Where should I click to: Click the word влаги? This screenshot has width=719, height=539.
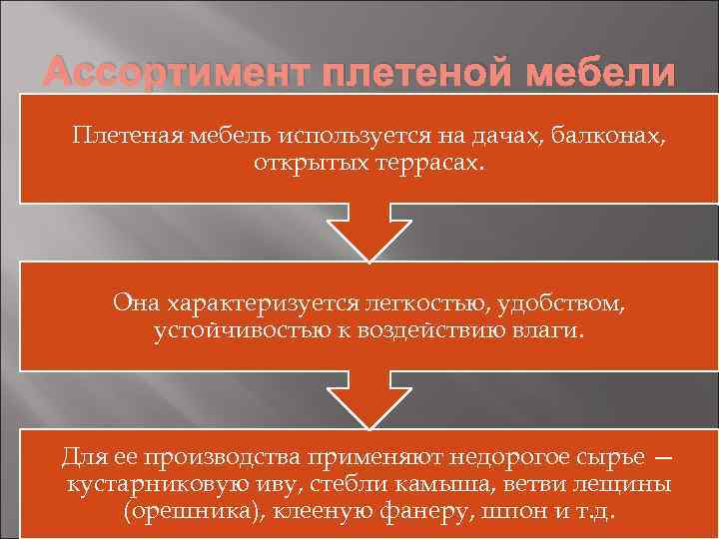[x=543, y=329]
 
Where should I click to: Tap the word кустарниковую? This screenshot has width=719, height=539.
[x=143, y=485]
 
